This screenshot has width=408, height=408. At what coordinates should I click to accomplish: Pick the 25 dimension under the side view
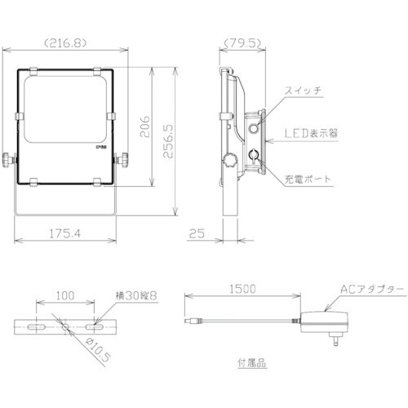(x=195, y=234)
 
